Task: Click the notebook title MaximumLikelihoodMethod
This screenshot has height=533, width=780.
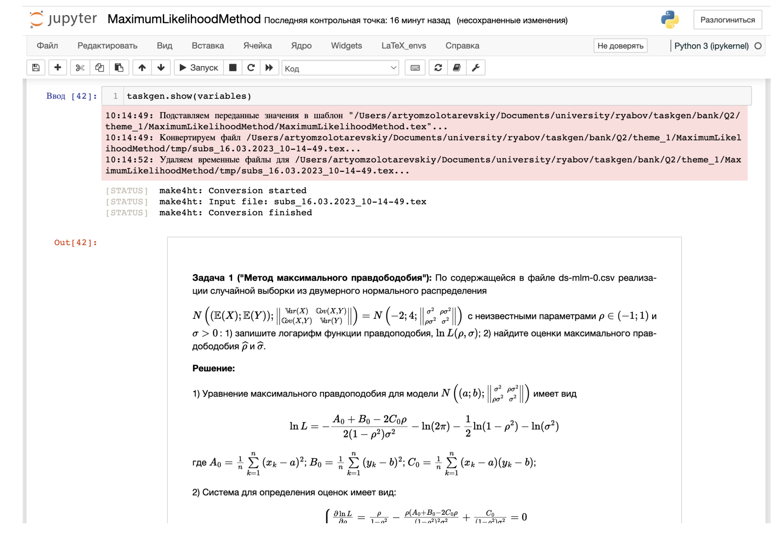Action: [x=184, y=19]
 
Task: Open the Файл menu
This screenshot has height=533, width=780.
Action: [x=47, y=46]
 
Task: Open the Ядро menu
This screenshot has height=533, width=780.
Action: [x=301, y=46]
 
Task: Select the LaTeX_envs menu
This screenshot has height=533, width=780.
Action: [x=403, y=46]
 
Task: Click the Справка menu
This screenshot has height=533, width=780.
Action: [x=462, y=46]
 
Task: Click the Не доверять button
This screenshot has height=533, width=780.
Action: [x=620, y=46]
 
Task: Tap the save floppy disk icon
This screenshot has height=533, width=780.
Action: [x=36, y=68]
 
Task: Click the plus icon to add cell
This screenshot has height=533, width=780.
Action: [x=58, y=68]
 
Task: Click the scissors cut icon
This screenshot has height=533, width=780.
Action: [x=80, y=68]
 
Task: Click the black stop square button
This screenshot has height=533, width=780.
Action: [x=233, y=68]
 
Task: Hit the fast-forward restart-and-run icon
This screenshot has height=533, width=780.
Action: [x=269, y=68]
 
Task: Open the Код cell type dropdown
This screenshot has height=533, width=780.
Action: [x=340, y=68]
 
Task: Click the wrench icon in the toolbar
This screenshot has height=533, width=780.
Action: [x=476, y=68]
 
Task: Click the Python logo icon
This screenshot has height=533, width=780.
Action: [x=670, y=20]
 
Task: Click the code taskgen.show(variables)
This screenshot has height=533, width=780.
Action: [x=189, y=96]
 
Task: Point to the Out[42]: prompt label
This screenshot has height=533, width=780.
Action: [x=75, y=243]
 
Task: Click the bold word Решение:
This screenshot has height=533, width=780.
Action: [x=213, y=368]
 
